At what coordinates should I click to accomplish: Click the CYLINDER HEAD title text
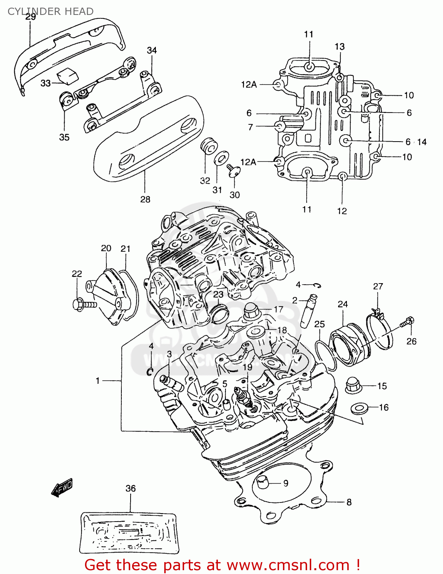(51, 11)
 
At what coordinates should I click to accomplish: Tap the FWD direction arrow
(62, 488)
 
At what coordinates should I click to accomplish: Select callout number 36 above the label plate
(131, 488)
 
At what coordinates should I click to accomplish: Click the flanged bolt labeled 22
(82, 305)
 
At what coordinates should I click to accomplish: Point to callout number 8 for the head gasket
(349, 502)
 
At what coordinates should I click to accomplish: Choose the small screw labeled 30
(232, 170)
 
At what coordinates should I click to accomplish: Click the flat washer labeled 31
(221, 157)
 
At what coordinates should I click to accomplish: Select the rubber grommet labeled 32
(209, 146)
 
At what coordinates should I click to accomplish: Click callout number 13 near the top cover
(339, 47)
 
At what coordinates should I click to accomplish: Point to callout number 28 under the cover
(145, 199)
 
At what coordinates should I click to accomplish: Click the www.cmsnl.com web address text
(288, 565)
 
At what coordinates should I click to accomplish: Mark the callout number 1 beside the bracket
(98, 380)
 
